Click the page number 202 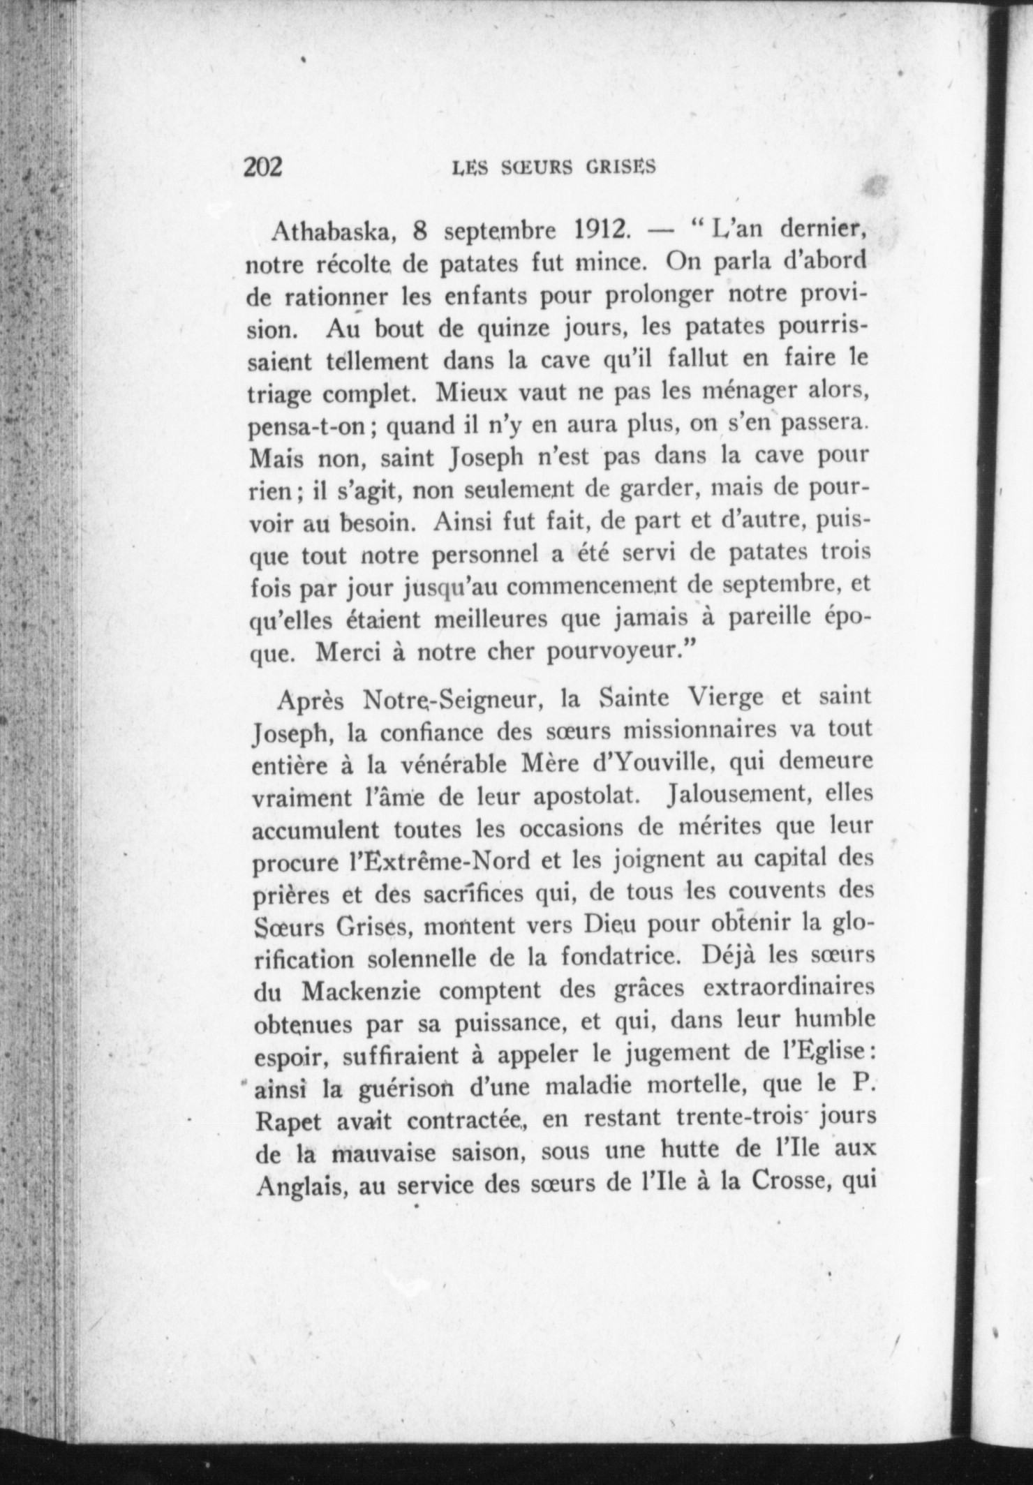coord(262,168)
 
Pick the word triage coord(282,394)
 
